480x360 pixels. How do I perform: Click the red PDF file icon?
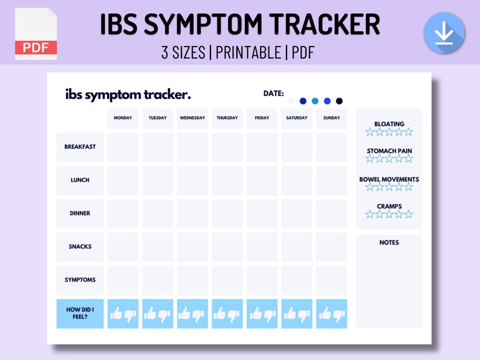pyautogui.click(x=36, y=34)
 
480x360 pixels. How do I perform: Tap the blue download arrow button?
pyautogui.click(x=444, y=33)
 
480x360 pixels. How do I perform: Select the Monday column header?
pyautogui.click(x=123, y=118)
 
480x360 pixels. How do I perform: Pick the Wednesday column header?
pyautogui.click(x=192, y=118)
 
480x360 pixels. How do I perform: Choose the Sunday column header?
pyautogui.click(x=331, y=118)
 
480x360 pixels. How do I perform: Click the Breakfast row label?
pyautogui.click(x=80, y=147)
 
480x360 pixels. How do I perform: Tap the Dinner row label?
pyautogui.click(x=80, y=213)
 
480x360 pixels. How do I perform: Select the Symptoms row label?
pyautogui.click(x=80, y=280)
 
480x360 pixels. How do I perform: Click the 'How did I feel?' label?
pyautogui.click(x=80, y=313)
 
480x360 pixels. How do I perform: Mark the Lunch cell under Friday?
pyautogui.click(x=262, y=180)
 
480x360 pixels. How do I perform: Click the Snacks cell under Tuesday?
pyautogui.click(x=158, y=246)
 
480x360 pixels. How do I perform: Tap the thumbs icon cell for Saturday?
pyautogui.click(x=297, y=313)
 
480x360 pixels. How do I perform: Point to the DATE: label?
pyautogui.click(x=273, y=93)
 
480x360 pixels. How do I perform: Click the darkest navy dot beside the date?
pyautogui.click(x=339, y=101)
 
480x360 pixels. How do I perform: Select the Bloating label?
pyautogui.click(x=389, y=124)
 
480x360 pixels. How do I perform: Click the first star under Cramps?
pyautogui.click(x=369, y=214)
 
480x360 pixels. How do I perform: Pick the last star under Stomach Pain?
pyautogui.click(x=409, y=159)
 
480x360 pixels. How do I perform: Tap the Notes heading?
pyautogui.click(x=389, y=242)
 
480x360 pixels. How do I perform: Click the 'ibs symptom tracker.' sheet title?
pyautogui.click(x=128, y=95)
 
